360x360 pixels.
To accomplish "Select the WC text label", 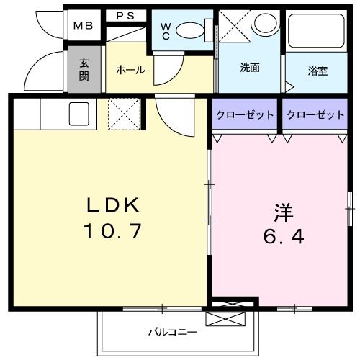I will pos(166,31).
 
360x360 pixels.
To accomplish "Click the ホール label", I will pos(130,70).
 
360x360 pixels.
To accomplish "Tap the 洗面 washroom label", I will pos(250,68).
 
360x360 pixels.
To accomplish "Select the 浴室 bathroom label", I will pos(318,71).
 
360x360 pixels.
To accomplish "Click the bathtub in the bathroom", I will pos(318,32).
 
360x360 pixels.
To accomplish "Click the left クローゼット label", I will pos(244,114).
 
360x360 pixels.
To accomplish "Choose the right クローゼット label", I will pos(314,114).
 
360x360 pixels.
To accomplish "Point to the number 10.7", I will pos(113,232).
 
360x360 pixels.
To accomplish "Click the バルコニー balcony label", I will pos(172,332).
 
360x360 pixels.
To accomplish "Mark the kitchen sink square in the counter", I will pos(78,113).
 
